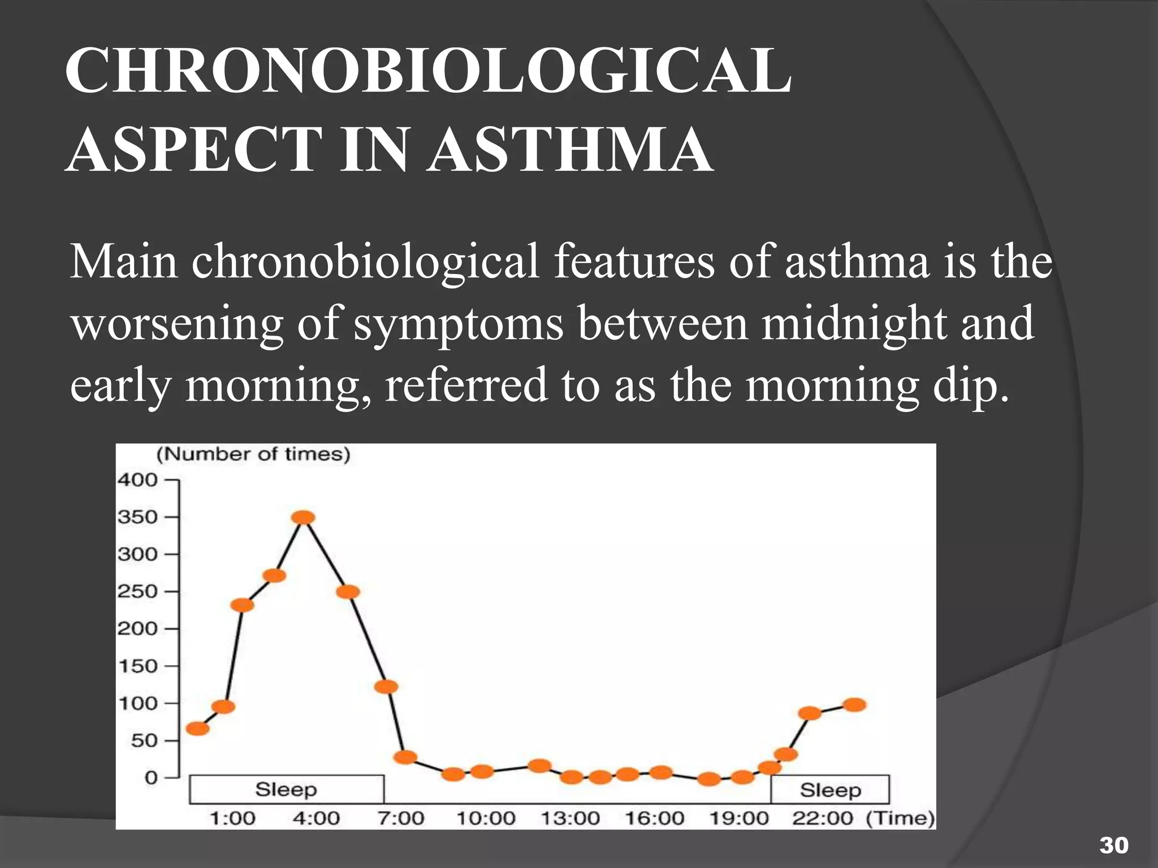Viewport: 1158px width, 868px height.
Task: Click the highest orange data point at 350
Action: [304, 517]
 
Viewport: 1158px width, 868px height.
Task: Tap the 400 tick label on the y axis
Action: [137, 480]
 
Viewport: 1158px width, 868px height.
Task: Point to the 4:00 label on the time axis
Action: [316, 818]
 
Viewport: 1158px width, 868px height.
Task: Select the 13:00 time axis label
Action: [570, 818]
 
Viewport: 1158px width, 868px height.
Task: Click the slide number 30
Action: [1113, 846]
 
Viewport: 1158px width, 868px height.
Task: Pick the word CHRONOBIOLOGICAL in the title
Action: [428, 72]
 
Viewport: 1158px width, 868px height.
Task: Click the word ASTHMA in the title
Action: [569, 150]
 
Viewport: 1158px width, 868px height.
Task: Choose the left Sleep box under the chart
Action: [286, 789]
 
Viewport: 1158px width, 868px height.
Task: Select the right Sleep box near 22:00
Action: [830, 789]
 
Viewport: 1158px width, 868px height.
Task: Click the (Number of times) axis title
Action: [253, 454]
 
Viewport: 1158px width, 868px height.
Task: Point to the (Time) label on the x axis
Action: [900, 818]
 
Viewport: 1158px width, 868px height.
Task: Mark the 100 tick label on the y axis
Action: [137, 704]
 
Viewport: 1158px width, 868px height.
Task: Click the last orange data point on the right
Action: [854, 705]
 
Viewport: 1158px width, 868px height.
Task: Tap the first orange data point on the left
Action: [197, 728]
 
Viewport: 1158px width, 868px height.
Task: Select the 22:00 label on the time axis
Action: [822, 818]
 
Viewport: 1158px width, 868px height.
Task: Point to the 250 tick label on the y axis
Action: [137, 592]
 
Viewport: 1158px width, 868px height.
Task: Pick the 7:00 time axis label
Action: [400, 818]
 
